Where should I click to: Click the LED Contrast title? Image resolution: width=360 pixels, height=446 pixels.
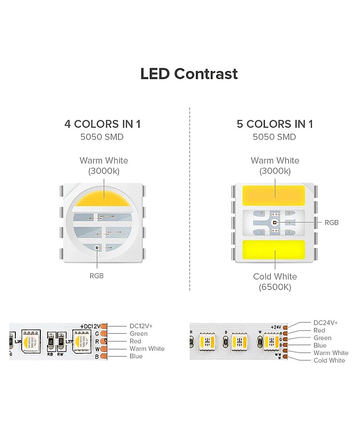[189, 74]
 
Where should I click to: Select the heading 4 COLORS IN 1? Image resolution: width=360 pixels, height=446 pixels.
[102, 124]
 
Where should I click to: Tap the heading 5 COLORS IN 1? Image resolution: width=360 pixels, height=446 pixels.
[275, 124]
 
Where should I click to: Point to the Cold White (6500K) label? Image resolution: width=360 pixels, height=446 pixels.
[275, 282]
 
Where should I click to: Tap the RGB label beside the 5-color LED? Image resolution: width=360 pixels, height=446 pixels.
[332, 223]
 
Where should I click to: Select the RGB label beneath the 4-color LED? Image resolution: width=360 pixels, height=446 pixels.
[96, 276]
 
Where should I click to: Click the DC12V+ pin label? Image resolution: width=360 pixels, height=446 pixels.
[141, 326]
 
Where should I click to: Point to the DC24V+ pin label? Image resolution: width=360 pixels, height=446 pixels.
[325, 323]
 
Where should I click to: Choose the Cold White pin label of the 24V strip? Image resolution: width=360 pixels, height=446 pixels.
[329, 360]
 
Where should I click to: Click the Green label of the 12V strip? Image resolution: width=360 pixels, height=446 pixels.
[139, 334]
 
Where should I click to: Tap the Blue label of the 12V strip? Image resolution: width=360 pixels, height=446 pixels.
[136, 356]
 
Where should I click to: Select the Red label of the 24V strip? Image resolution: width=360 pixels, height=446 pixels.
[319, 330]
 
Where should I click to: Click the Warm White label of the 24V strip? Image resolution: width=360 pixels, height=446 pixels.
[331, 353]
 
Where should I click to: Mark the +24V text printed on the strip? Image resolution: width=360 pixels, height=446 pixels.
[275, 327]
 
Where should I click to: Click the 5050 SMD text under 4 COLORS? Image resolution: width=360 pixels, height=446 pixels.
[102, 137]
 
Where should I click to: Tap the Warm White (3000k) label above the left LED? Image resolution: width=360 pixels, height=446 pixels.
[104, 165]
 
